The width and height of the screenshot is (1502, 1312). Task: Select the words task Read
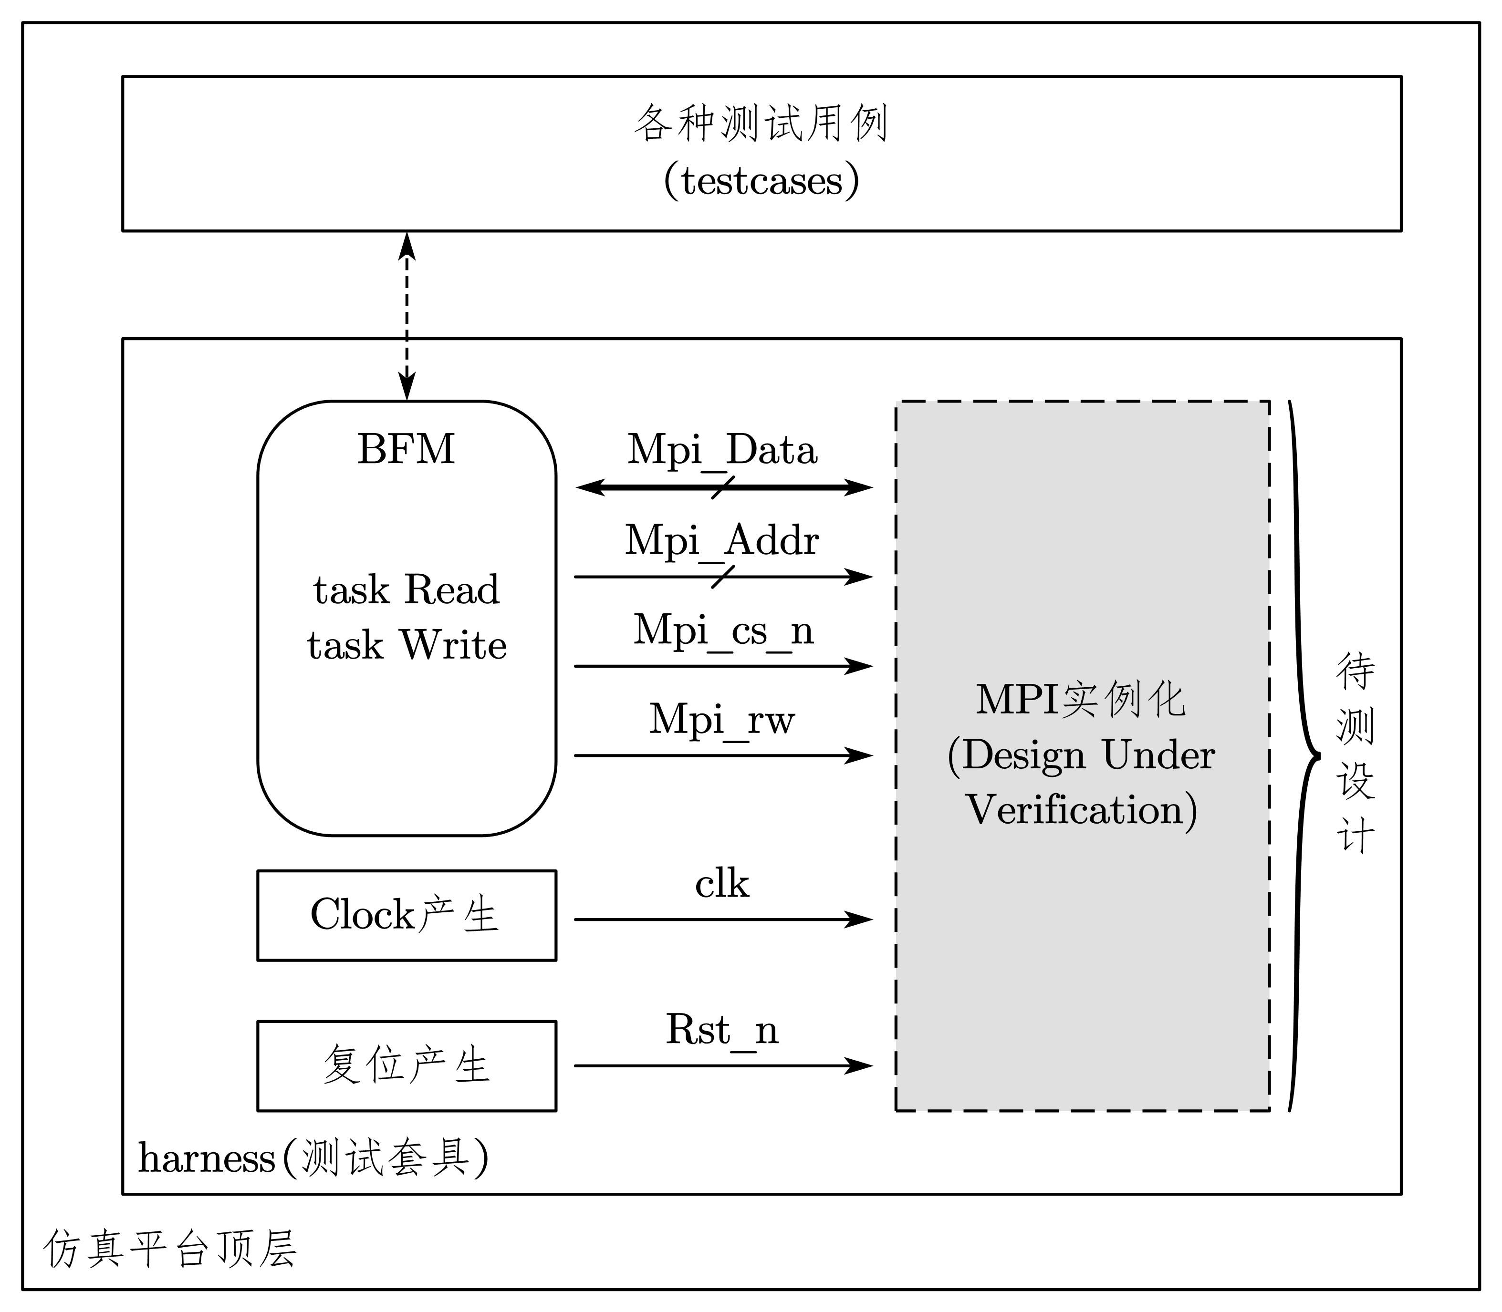407,589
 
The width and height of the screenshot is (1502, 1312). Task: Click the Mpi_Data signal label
722,450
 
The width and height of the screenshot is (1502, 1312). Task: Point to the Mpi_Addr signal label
722,540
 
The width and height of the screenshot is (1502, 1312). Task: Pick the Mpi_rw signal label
722,719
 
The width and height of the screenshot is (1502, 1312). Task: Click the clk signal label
722,884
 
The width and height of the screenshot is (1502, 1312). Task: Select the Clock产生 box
407,915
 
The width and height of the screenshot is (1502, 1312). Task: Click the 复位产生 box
407,1065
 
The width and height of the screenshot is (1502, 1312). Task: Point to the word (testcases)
761,181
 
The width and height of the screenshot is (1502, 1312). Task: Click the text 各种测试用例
761,123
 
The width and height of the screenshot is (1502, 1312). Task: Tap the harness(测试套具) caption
313,1157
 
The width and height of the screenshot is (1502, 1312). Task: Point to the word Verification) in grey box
1082,810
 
